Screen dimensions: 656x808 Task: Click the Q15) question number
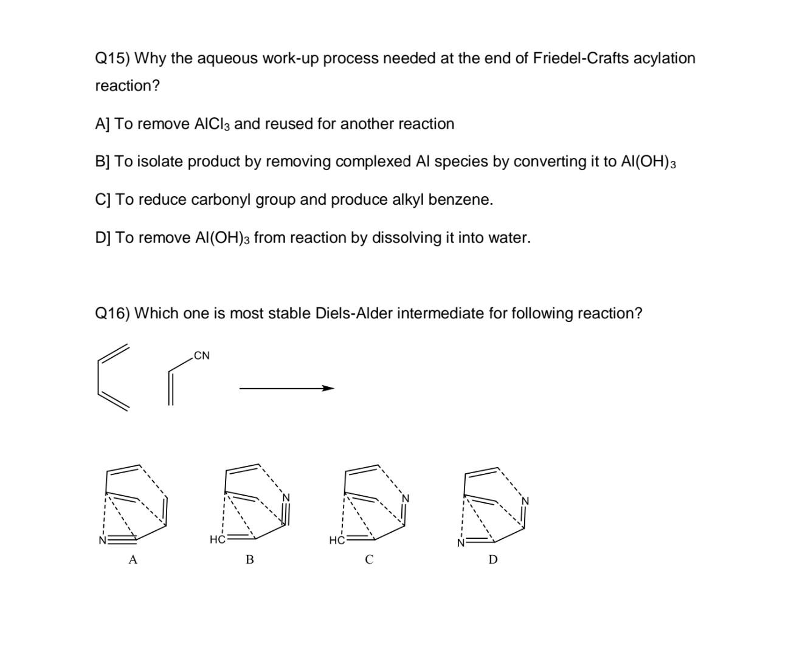[112, 59]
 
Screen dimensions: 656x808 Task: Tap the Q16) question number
[112, 314]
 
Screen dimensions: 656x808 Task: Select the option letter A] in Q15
[103, 124]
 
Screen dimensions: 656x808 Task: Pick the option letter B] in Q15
[103, 162]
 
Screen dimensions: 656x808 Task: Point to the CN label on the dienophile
[202, 355]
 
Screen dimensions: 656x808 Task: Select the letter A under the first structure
[133, 560]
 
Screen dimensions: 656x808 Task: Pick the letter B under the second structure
[250, 560]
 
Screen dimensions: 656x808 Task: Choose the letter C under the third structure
[369, 560]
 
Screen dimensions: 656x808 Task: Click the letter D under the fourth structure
[493, 559]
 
